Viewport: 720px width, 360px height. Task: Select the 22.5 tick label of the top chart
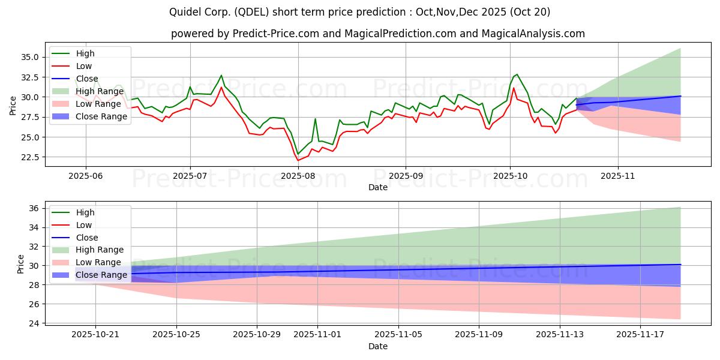tap(31, 157)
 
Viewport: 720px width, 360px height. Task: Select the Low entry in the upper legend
tap(84, 66)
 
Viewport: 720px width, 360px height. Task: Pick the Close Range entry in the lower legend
tap(101, 275)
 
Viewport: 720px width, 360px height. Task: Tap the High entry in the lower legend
tap(85, 212)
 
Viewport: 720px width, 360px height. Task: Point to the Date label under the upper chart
tap(377, 187)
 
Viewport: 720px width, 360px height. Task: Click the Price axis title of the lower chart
tap(21, 264)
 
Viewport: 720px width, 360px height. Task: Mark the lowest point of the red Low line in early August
tap(298, 160)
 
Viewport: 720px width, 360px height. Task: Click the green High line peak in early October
tap(517, 74)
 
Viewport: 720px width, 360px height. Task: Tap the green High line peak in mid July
tap(221, 76)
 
